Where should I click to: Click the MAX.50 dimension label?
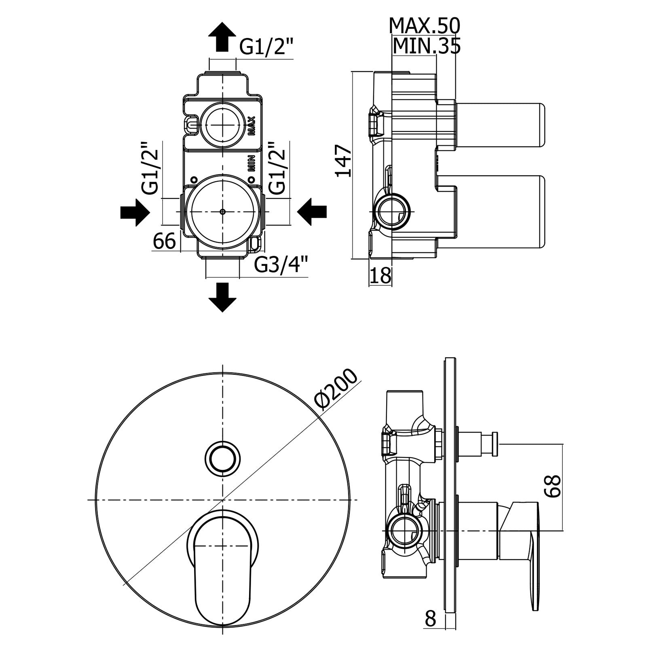point(424,26)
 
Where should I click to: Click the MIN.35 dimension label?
point(427,46)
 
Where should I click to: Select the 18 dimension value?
point(381,276)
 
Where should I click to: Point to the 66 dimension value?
point(164,242)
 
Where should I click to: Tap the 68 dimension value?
point(552,486)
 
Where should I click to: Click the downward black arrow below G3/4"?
point(222,297)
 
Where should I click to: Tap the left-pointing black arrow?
point(312,212)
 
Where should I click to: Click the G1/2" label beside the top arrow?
point(266,47)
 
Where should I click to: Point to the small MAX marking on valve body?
point(251,125)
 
